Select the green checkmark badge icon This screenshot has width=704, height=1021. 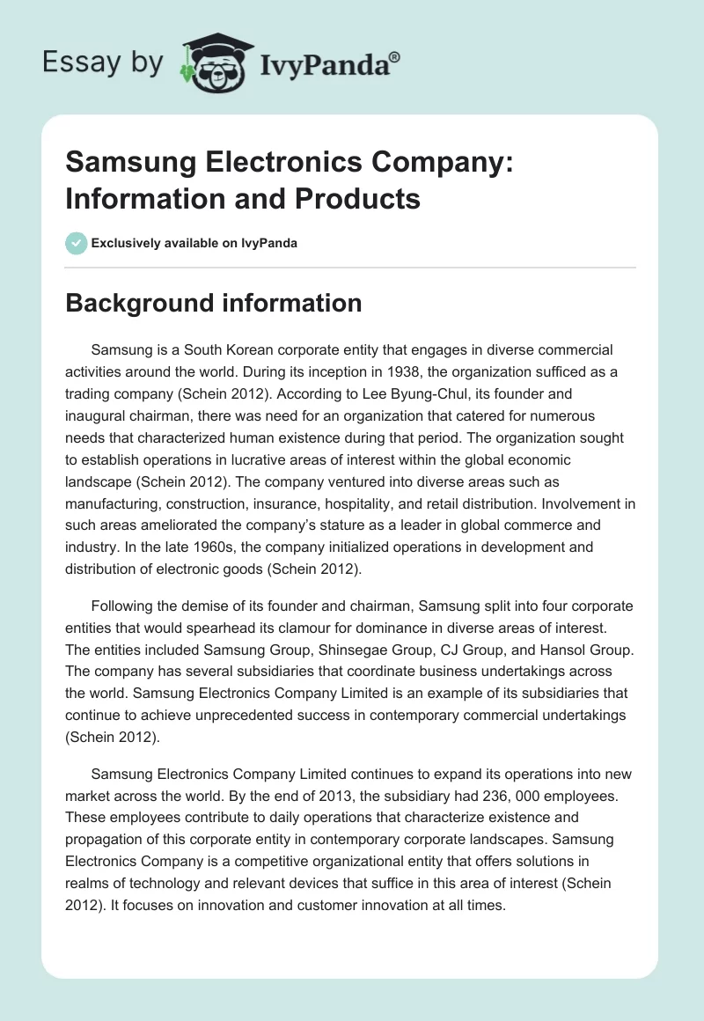[x=77, y=243]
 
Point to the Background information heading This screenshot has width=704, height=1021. [x=214, y=303]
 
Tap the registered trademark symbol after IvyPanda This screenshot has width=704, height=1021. [x=395, y=55]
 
